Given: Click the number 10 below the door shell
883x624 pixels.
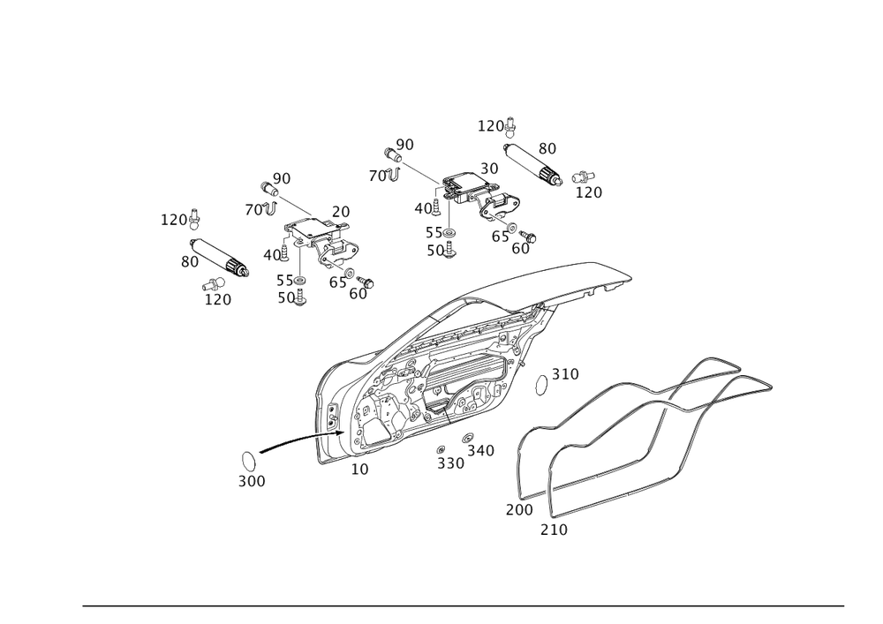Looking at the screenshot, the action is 360,470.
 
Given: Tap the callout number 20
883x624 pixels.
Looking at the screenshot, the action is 341,212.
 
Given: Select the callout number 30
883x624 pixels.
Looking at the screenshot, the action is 489,169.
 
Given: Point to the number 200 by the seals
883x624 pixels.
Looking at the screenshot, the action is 519,510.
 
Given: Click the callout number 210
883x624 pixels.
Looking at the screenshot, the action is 555,530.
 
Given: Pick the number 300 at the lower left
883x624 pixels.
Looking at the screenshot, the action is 252,482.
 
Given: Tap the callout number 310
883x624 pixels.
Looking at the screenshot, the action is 565,374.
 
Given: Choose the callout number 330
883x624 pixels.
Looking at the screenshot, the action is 451,463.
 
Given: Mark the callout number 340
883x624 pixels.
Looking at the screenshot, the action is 481,451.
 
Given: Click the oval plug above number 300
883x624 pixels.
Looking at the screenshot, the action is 248,461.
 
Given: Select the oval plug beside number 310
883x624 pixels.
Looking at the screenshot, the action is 540,384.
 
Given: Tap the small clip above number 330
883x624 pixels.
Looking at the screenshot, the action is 441,449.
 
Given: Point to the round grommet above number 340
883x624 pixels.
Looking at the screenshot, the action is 468,438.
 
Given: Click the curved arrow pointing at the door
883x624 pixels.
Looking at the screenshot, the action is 300,440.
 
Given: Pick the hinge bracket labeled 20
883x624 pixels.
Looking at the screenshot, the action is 321,243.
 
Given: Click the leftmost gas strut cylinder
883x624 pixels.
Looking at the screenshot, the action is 220,258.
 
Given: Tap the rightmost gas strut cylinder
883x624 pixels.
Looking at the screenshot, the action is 532,164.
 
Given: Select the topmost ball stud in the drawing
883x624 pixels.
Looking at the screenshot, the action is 510,128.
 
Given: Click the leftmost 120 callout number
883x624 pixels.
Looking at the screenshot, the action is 174,220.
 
